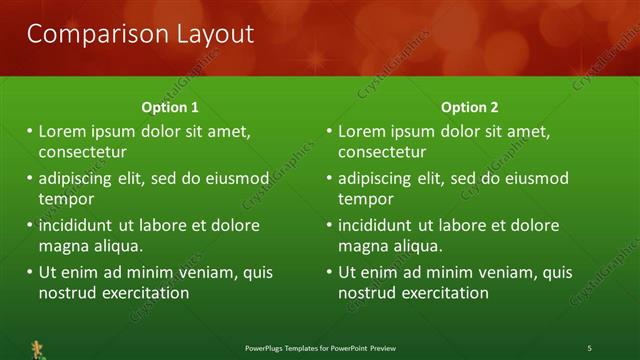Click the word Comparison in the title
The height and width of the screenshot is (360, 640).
(x=85, y=34)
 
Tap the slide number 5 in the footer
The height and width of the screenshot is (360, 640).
(x=589, y=347)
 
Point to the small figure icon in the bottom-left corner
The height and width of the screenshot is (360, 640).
(x=38, y=348)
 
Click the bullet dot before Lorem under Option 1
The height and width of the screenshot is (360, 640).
(x=29, y=131)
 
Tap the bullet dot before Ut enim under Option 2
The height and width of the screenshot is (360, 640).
(x=329, y=272)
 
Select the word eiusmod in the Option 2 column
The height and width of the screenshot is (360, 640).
(x=536, y=179)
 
